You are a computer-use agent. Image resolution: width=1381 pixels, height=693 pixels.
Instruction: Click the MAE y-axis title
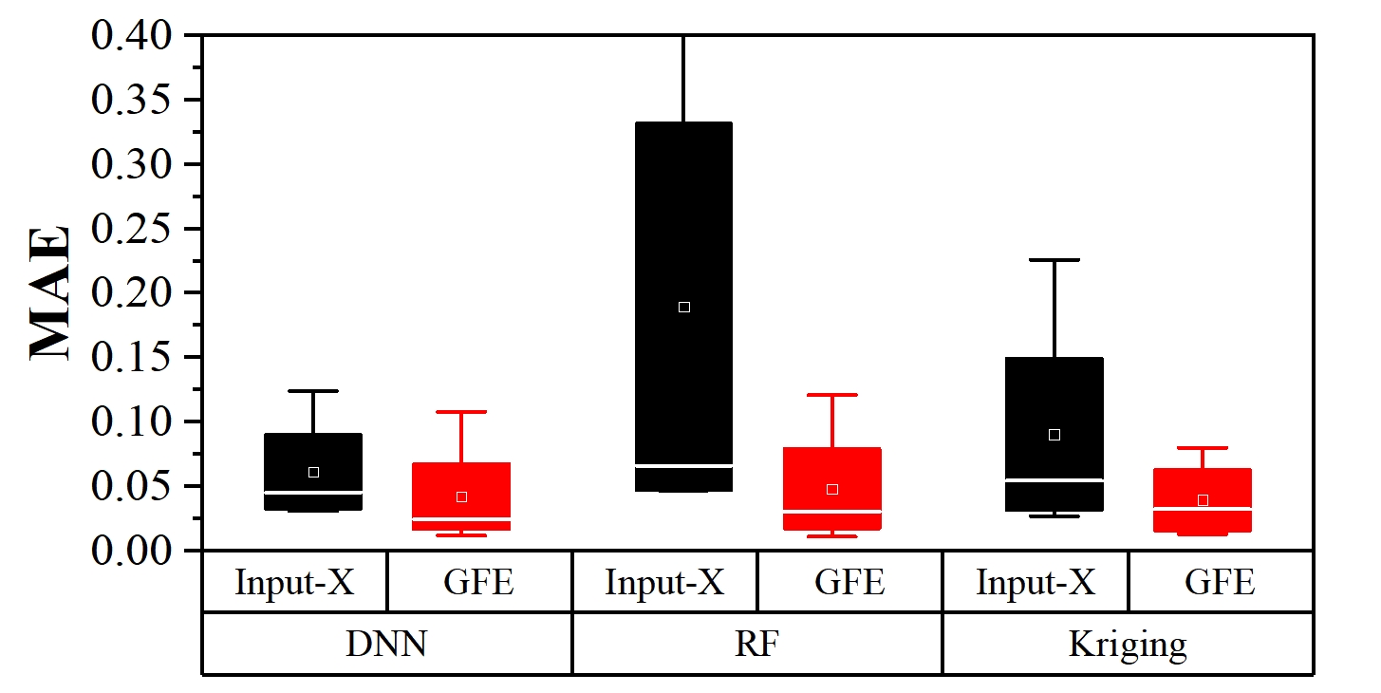[50, 292]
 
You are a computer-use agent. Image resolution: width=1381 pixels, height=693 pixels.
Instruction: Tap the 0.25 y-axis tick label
[132, 229]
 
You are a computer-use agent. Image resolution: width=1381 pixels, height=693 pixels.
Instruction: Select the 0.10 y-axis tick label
[132, 421]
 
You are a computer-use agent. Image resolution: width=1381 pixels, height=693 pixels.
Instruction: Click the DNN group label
[385, 645]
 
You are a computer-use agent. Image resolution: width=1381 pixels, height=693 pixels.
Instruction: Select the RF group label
[756, 645]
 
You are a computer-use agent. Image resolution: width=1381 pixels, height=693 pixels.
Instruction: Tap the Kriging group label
[1128, 645]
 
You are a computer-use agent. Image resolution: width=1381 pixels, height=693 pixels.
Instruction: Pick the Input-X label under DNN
[294, 582]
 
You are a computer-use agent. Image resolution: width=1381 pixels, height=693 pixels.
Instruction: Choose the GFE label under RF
[849, 582]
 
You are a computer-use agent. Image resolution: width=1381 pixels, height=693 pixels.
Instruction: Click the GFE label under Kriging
[1220, 582]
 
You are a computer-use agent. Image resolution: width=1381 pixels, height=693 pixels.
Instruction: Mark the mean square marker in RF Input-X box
[683, 307]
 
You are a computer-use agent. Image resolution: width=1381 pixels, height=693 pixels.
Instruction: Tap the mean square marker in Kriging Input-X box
[1054, 435]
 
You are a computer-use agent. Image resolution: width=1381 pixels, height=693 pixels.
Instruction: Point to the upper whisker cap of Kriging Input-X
[1054, 259]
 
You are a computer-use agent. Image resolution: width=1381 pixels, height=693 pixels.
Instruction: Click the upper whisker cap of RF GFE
[831, 394]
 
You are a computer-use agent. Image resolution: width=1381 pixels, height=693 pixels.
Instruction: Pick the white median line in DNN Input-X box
[313, 492]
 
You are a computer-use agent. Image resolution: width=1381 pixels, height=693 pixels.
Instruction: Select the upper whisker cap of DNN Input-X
[313, 390]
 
